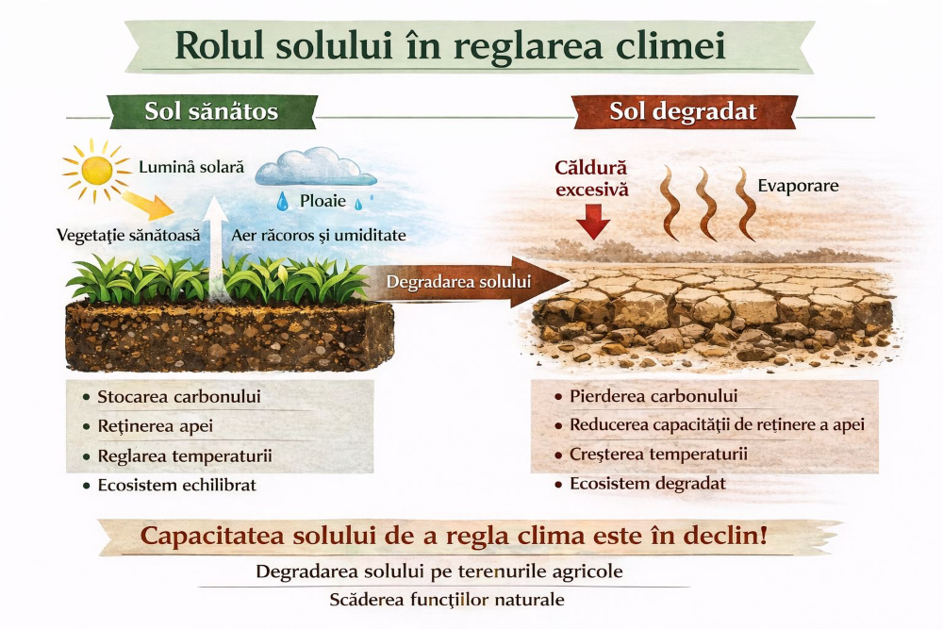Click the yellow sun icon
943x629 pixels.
point(96,171)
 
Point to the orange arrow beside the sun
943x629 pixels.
point(148,205)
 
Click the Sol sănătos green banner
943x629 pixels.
point(211,112)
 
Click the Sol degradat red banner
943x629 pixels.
point(683,112)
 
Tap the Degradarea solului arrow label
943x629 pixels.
point(458,282)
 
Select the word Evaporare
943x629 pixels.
point(798,186)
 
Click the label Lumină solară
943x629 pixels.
point(191,167)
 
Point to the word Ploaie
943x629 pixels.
point(323,201)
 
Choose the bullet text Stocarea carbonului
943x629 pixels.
point(179,396)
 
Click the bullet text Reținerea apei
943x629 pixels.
point(156,426)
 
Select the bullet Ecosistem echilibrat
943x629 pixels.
point(177,485)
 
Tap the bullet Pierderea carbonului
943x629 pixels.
point(653,396)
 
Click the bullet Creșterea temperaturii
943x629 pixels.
point(658,454)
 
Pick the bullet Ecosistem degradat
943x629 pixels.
point(648,484)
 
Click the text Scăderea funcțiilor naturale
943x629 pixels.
point(447,600)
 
